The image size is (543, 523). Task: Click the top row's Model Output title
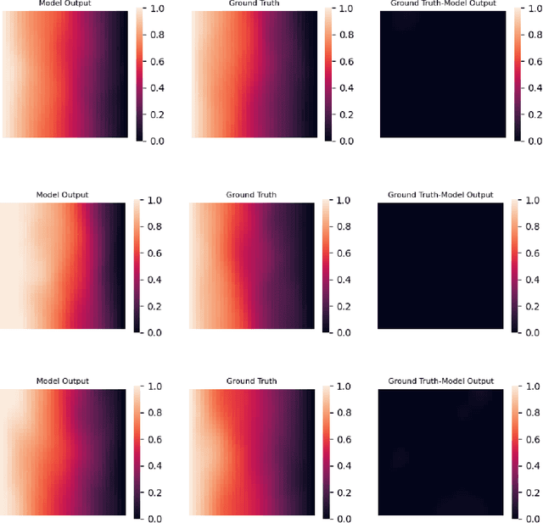(62, 3)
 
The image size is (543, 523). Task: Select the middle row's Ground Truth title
(252, 195)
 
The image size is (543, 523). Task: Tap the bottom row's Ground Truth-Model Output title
(440, 381)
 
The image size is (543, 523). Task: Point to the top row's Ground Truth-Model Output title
(442, 3)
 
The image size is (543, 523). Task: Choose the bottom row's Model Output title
(62, 381)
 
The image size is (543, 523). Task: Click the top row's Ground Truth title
(252, 3)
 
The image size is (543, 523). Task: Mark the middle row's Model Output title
(62, 195)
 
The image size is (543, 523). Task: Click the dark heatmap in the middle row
(440, 265)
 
